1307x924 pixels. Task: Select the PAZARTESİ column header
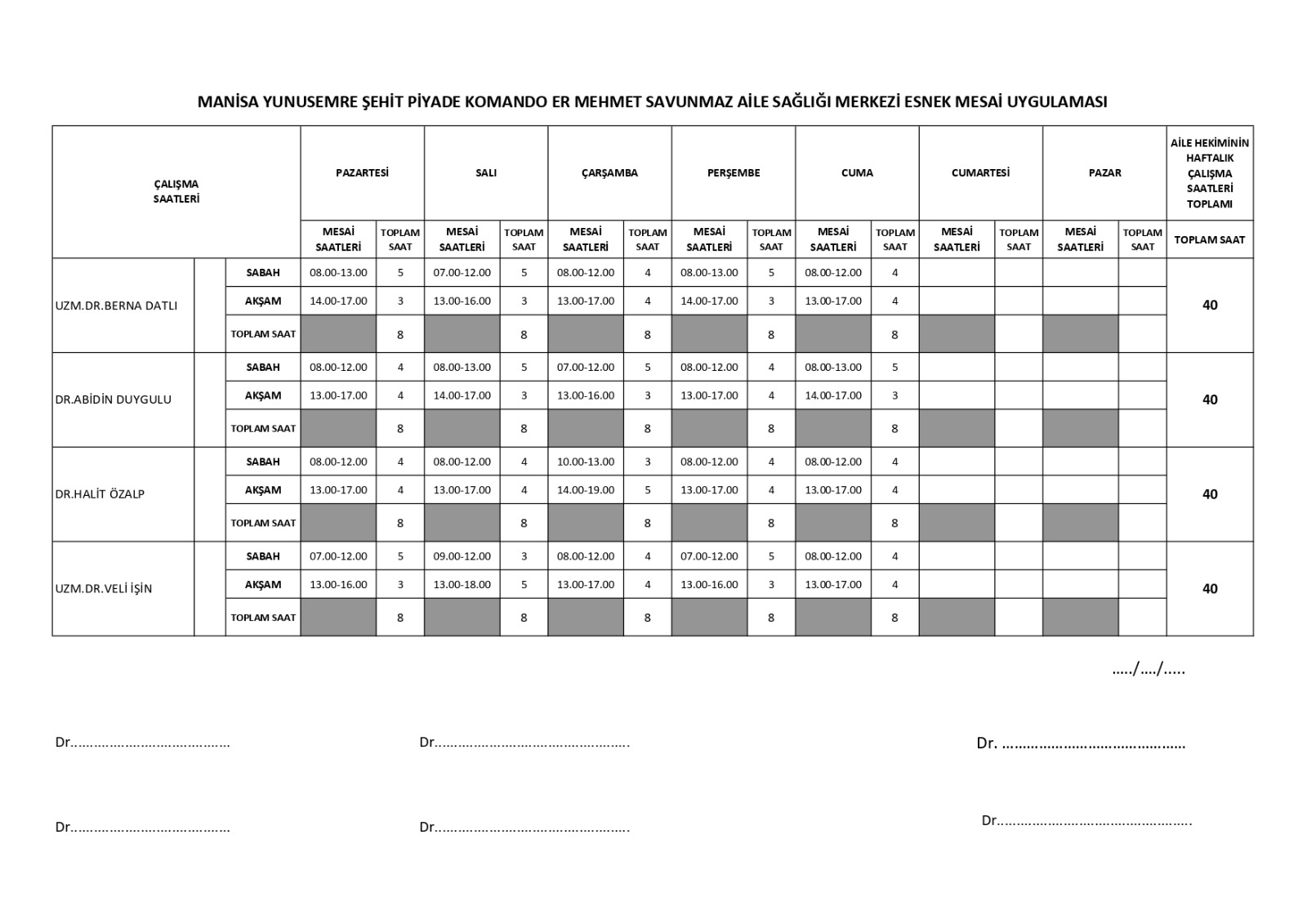tap(362, 172)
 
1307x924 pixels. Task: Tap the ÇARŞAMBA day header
tap(609, 172)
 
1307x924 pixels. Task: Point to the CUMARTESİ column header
tap(980, 172)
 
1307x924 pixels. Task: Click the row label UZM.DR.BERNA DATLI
tap(116, 306)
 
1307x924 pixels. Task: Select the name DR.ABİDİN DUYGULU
tap(114, 400)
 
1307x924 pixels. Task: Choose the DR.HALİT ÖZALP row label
tap(100, 494)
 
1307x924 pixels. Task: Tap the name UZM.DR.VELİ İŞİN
tap(104, 588)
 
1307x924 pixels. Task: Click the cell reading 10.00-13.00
tap(586, 462)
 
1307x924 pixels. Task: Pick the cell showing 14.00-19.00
tap(586, 490)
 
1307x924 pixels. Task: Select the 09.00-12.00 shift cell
tap(462, 556)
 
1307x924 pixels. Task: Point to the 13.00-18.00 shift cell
tap(462, 584)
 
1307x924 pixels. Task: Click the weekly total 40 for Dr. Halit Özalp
tap(1210, 494)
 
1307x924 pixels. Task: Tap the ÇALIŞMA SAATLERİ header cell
tap(176, 191)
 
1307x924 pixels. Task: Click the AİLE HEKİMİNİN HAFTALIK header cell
tap(1210, 172)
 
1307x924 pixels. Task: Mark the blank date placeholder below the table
tap(1149, 670)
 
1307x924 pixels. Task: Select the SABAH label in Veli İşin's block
tap(263, 556)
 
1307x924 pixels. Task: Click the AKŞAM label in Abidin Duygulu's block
tap(263, 395)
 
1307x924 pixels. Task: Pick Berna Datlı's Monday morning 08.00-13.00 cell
tap(338, 273)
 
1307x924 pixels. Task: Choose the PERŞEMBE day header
tap(734, 172)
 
